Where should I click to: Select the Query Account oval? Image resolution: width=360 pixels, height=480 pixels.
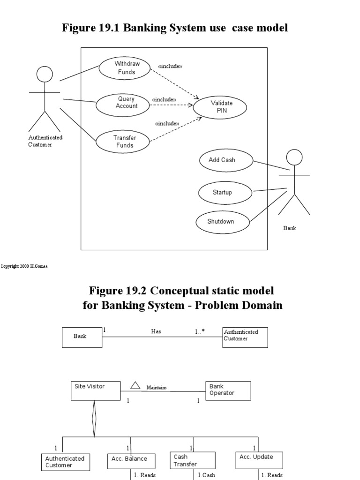pos(123,103)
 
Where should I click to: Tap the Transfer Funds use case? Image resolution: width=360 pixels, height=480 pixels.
pos(123,142)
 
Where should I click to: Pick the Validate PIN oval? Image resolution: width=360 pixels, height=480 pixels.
pos(221,107)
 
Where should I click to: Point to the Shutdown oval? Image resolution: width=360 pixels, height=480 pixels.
pos(222,221)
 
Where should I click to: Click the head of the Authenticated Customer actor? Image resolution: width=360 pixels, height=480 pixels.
pos(45,74)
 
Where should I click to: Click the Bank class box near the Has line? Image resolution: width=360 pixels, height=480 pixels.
pos(82,337)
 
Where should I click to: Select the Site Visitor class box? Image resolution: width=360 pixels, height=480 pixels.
pos(96,390)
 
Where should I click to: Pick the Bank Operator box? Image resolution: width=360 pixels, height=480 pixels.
pos(228,390)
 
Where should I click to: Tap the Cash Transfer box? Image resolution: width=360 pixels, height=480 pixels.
pos(192,460)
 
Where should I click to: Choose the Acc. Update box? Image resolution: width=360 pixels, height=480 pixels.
pos(259,460)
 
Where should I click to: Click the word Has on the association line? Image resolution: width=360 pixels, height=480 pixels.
pos(156,331)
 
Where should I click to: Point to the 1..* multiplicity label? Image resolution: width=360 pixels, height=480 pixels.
pos(200,331)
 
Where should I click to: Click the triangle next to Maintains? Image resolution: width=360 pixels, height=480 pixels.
pos(135,385)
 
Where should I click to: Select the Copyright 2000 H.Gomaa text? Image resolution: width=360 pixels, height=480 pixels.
pos(24,266)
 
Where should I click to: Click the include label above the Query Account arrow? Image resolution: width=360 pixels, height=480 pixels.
pos(164,100)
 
